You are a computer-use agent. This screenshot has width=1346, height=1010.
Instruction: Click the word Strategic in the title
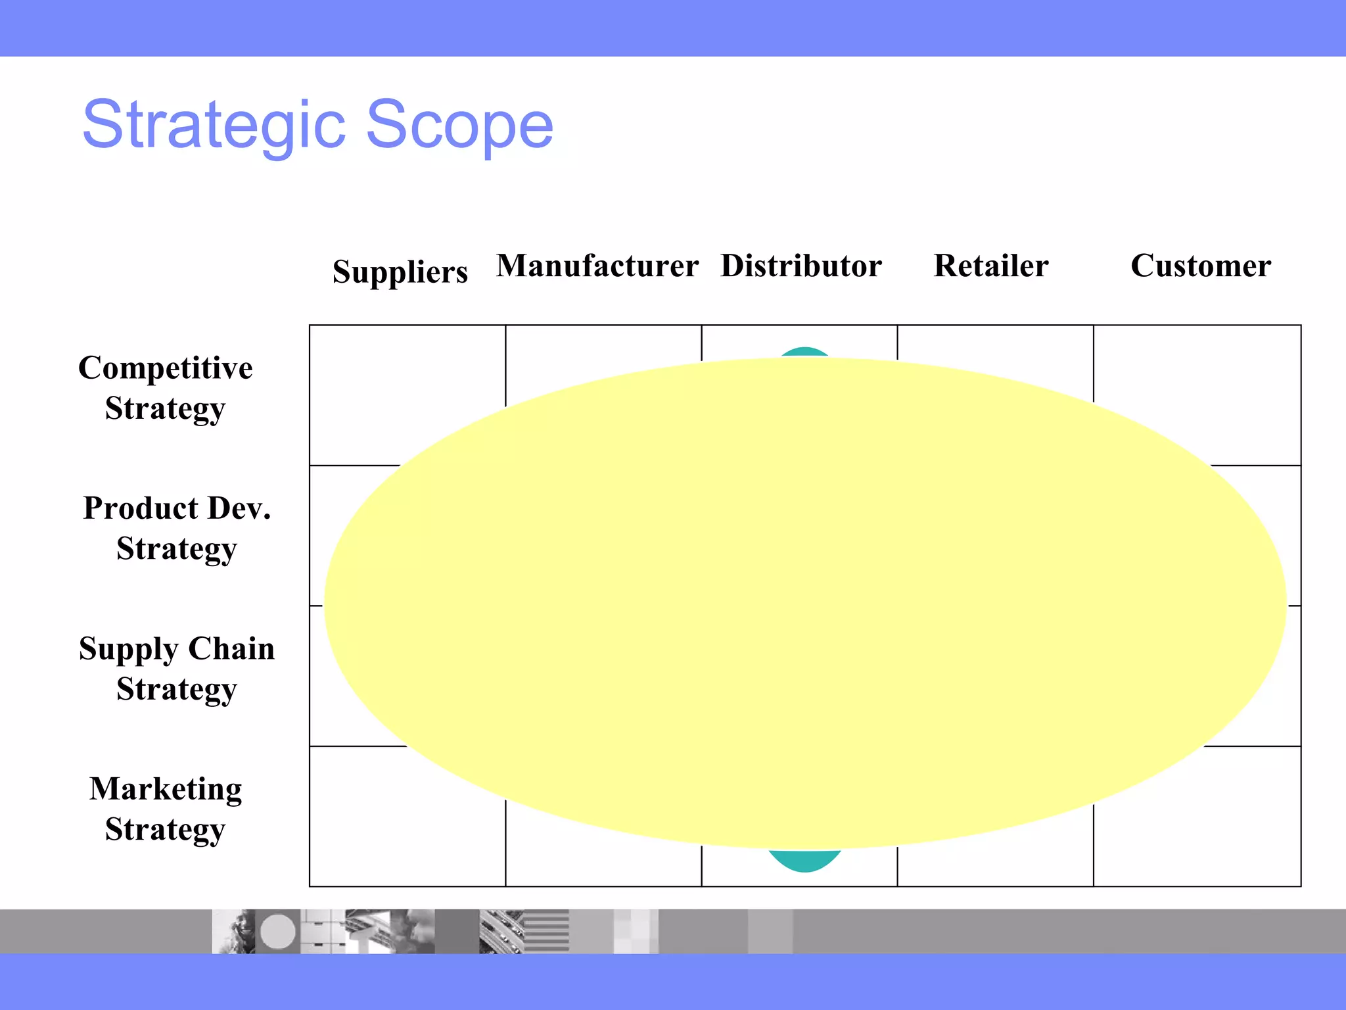(214, 125)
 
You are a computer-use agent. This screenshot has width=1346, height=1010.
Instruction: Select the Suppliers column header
(400, 272)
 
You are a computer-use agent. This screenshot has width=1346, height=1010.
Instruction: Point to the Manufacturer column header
(597, 266)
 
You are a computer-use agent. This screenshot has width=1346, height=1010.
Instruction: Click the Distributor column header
(801, 266)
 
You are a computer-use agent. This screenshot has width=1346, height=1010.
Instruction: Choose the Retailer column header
(990, 266)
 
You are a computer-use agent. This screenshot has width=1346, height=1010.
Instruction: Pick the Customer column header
(1200, 266)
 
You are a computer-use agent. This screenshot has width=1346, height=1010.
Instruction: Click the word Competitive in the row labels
(165, 368)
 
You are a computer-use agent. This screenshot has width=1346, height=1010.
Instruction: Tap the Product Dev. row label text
(177, 508)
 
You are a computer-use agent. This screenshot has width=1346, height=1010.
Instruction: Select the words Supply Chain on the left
(177, 649)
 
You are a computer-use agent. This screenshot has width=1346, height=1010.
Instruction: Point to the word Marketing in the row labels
(166, 789)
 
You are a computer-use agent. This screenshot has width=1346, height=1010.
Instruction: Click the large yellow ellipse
(804, 604)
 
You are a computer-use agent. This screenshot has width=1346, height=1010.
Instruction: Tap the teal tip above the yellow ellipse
(804, 352)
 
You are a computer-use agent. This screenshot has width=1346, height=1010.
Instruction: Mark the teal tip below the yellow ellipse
(804, 861)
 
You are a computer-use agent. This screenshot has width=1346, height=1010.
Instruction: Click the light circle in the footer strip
(278, 931)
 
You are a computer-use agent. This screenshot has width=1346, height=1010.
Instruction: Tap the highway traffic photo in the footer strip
(501, 931)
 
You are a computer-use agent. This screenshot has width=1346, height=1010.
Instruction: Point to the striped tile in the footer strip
(547, 931)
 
